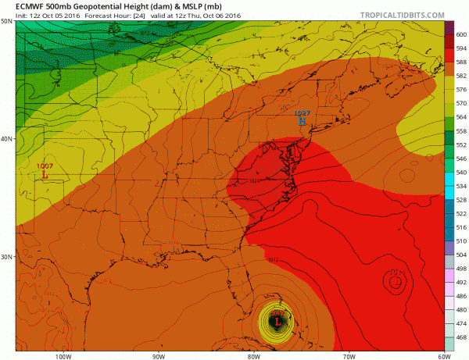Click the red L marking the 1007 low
pyautogui.click(x=45, y=176)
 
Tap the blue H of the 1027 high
pyautogui.click(x=303, y=122)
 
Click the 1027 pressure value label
pyautogui.click(x=303, y=113)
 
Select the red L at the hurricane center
pyautogui.click(x=277, y=321)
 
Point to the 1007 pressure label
pyautogui.click(x=45, y=166)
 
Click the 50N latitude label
pyautogui.click(x=7, y=23)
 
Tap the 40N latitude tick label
pyautogui.click(x=7, y=139)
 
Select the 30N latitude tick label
pyautogui.click(x=7, y=257)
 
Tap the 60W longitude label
pyautogui.click(x=442, y=355)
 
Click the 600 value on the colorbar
pyautogui.click(x=460, y=34)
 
